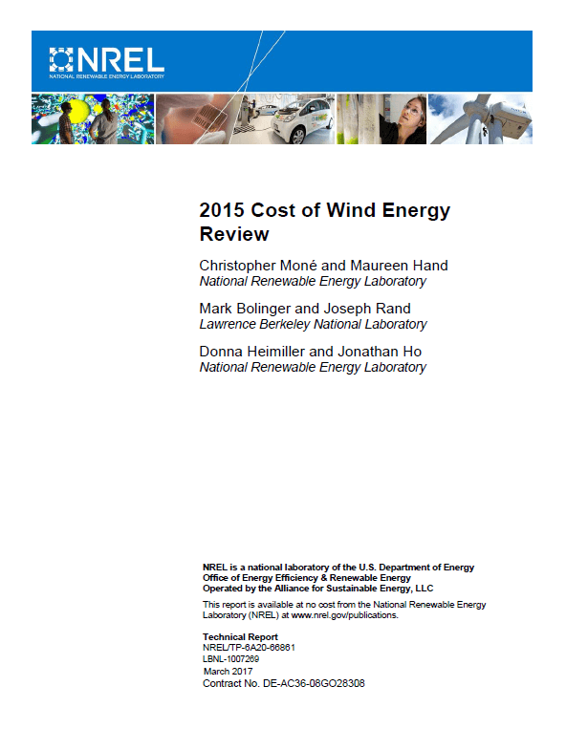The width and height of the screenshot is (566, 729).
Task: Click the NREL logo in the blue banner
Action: click(106, 61)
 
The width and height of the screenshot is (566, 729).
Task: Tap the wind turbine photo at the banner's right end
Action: click(481, 118)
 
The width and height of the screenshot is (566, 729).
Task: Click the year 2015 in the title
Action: click(222, 211)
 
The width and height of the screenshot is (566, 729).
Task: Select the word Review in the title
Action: click(234, 234)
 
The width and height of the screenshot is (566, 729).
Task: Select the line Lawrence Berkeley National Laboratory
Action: click(313, 324)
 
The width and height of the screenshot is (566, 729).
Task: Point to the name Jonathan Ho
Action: click(387, 352)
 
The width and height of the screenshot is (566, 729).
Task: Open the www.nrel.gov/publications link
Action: click(345, 615)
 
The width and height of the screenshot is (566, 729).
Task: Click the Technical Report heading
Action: click(240, 636)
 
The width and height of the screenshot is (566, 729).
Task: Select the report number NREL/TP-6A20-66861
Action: click(249, 647)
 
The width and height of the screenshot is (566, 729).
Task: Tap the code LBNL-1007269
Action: click(230, 659)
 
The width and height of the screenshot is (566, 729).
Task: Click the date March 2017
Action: click(226, 672)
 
